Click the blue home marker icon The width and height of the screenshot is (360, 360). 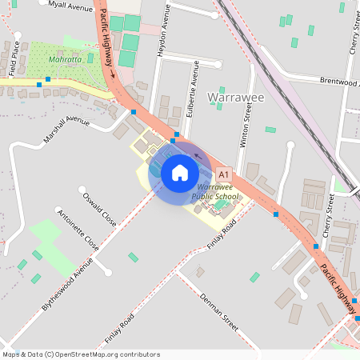tap(180, 172)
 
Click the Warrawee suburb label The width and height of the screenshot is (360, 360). tap(235, 98)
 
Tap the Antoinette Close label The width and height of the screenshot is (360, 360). tap(79, 230)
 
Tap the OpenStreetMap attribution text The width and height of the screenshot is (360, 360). tap(80, 354)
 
